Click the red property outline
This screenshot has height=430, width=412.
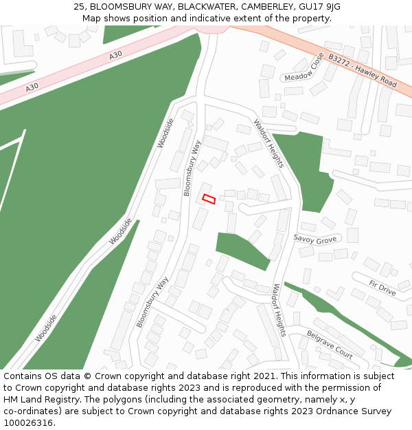(x=209, y=199)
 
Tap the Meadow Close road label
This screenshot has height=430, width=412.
(x=304, y=67)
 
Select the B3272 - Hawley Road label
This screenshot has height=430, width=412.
(x=362, y=71)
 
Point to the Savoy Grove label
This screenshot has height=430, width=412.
(x=315, y=239)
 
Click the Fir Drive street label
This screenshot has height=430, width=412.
(x=382, y=288)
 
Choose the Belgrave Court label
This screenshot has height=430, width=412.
(x=330, y=344)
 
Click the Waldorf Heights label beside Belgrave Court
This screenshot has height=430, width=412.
(x=279, y=310)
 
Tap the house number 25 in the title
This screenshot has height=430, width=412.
(x=79, y=7)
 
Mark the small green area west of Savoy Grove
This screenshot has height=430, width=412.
(x=238, y=248)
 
